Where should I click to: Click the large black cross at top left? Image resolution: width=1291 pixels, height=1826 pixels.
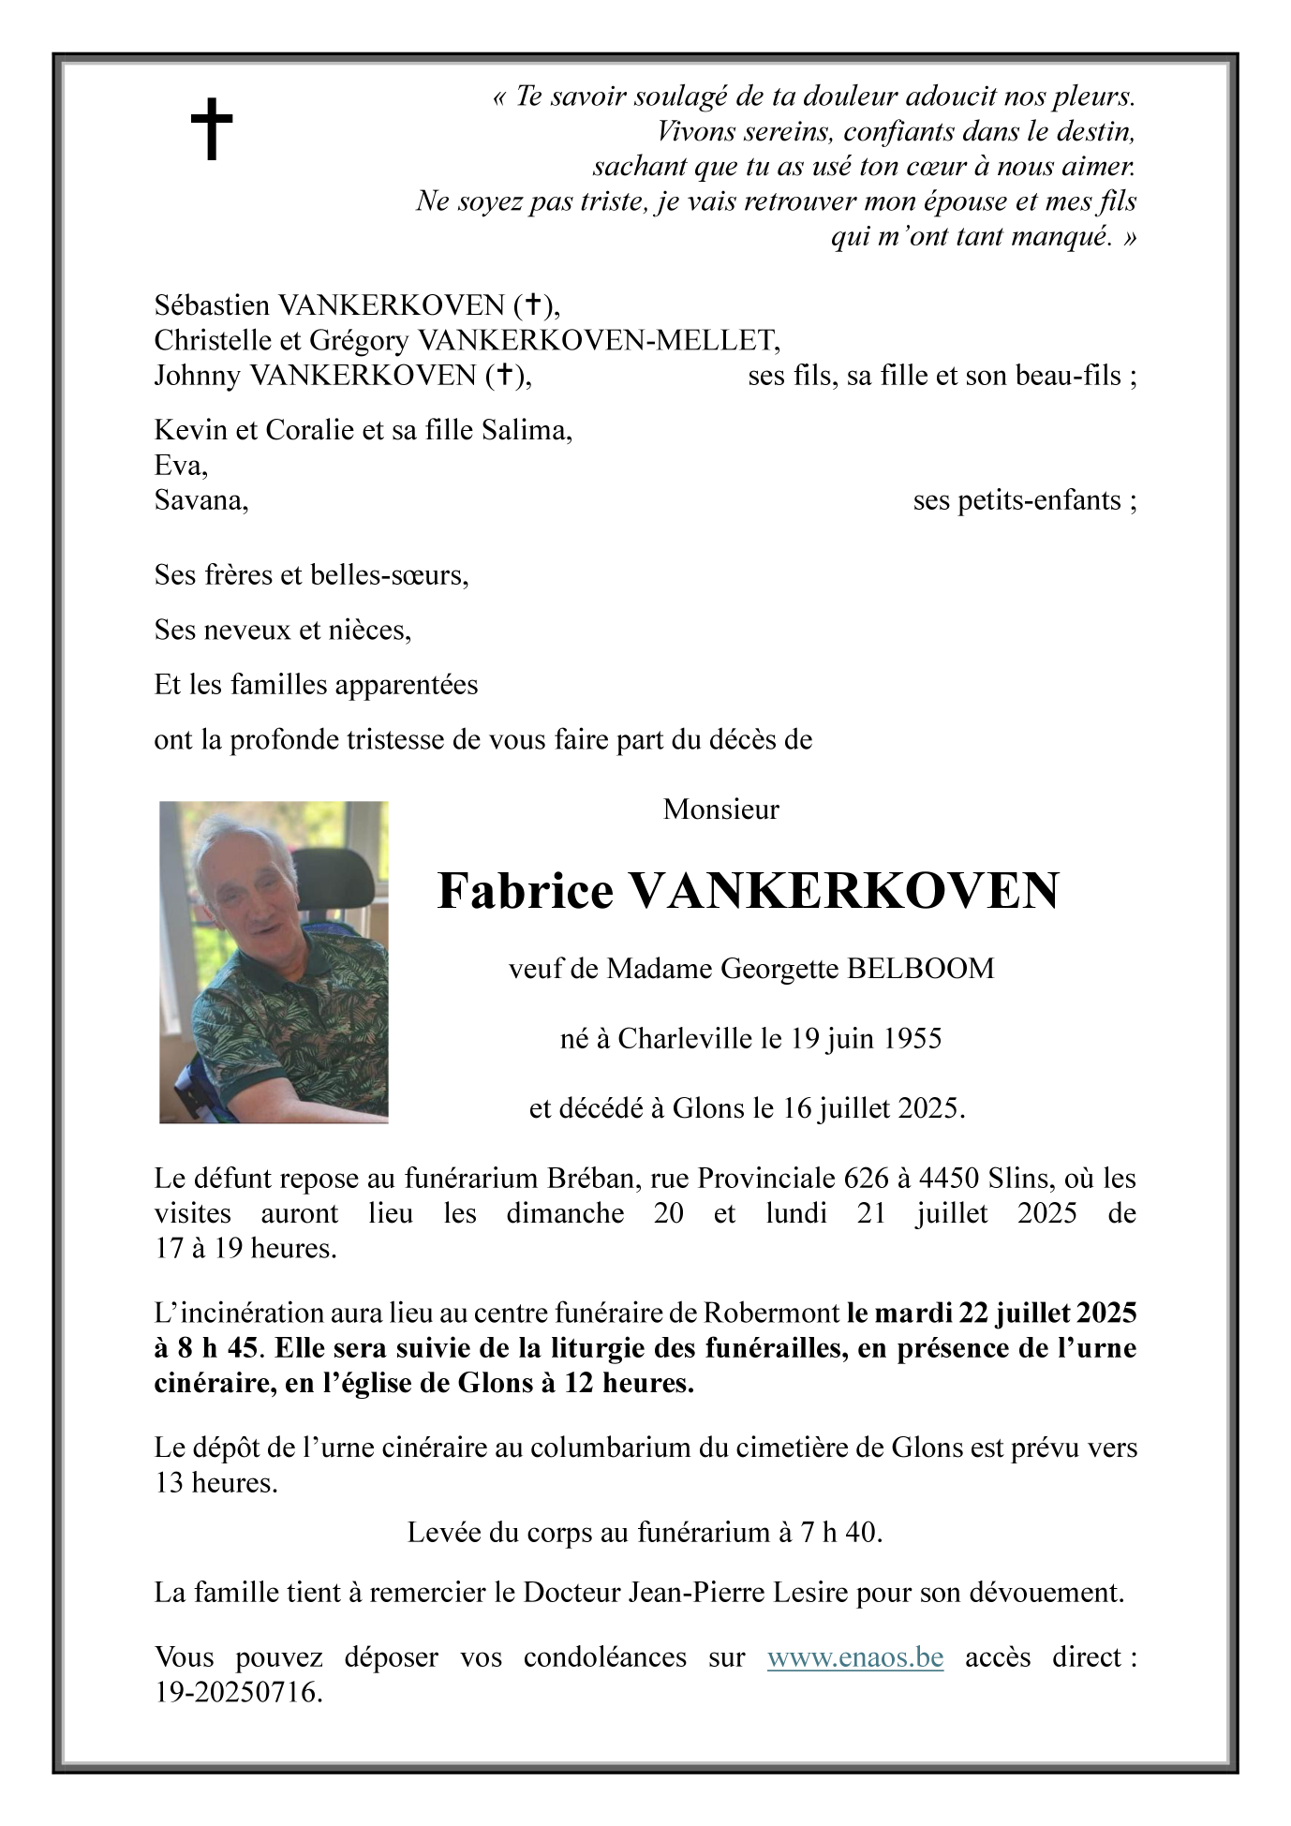(212, 129)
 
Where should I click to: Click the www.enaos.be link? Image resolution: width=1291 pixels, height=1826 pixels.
(854, 1657)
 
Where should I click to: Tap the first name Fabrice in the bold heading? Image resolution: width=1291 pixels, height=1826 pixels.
(525, 891)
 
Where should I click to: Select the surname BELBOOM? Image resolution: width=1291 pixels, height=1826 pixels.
(920, 968)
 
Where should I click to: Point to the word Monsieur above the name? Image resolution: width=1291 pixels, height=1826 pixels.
(720, 809)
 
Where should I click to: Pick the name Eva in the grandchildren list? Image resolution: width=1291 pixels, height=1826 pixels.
(179, 466)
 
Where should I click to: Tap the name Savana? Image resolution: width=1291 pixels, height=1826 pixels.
(200, 500)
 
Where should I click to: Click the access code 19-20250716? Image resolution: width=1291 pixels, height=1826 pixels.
(238, 1692)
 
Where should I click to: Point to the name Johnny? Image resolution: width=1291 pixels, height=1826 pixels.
(197, 376)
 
